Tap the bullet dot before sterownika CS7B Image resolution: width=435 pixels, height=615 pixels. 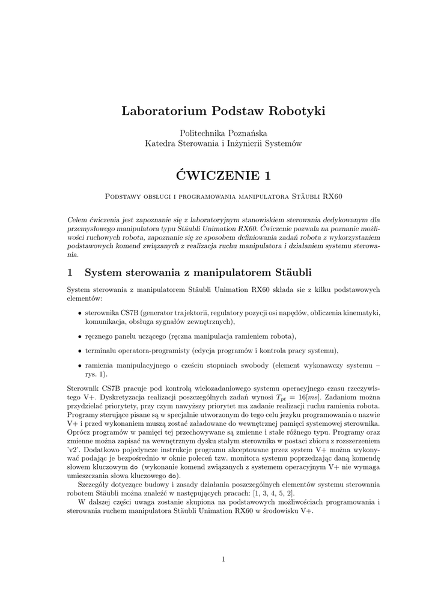pos(80,313)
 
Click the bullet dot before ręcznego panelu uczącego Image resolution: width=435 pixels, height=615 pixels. pos(80,336)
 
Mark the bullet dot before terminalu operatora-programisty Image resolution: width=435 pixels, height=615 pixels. pos(80,350)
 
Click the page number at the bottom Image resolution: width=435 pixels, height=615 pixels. pos(223,560)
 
